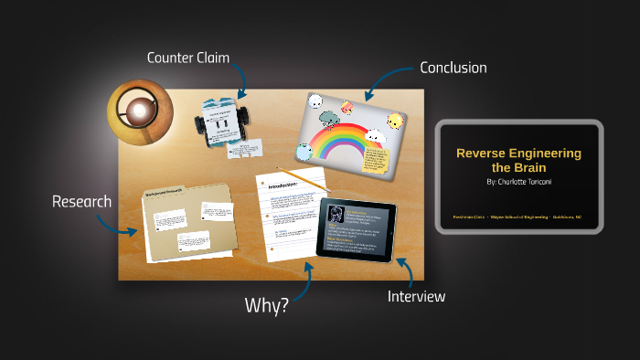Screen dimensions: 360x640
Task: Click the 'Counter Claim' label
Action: click(x=187, y=58)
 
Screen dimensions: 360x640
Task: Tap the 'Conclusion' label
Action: click(x=453, y=68)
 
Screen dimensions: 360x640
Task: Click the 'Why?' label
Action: click(x=266, y=305)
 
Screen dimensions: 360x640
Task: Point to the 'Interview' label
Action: click(x=416, y=296)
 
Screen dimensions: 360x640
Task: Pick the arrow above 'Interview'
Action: click(x=403, y=269)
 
